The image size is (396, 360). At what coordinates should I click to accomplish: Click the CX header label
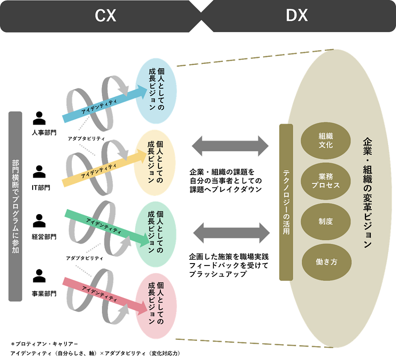click(105, 16)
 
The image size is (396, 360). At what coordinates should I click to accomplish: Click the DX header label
click(297, 16)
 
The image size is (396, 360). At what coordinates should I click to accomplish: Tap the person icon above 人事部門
click(40, 118)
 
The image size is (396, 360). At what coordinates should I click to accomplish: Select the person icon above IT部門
click(40, 172)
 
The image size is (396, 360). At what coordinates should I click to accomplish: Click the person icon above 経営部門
click(40, 220)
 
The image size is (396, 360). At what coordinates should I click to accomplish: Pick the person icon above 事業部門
click(40, 274)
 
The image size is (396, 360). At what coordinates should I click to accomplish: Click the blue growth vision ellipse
click(156, 90)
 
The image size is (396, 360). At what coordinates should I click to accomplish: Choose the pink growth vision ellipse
click(156, 303)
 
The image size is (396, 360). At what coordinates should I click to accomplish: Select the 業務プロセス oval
click(326, 180)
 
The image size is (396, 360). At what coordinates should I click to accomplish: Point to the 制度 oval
click(326, 221)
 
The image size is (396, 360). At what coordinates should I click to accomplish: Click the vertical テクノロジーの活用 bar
click(286, 202)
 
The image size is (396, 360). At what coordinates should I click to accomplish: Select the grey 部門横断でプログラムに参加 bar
click(15, 206)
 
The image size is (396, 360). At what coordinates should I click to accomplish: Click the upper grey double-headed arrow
click(230, 146)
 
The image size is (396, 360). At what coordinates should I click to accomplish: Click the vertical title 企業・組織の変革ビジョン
click(367, 193)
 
